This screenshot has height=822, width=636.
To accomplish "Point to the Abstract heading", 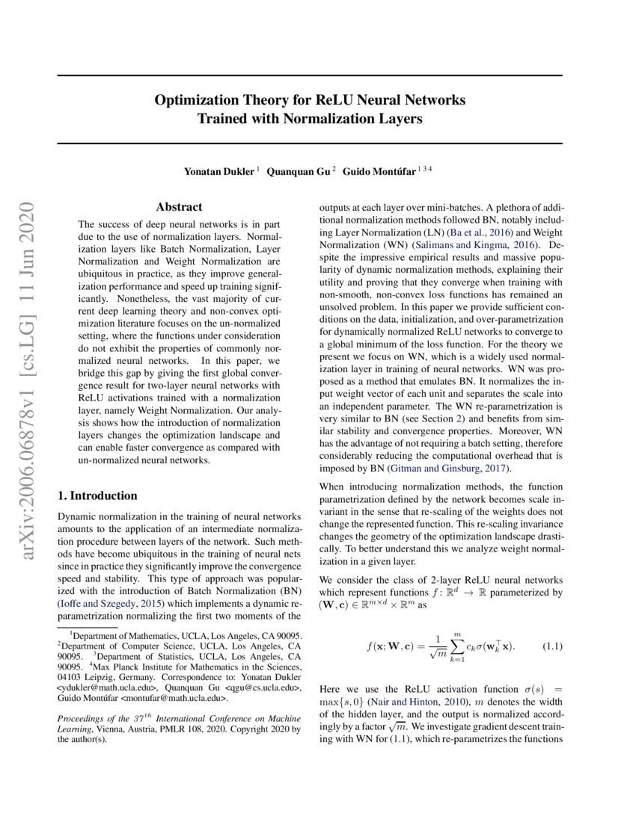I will click(179, 207).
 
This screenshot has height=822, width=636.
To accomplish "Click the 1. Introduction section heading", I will click(97, 495).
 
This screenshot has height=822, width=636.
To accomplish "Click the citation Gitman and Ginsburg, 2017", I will click(447, 469).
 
